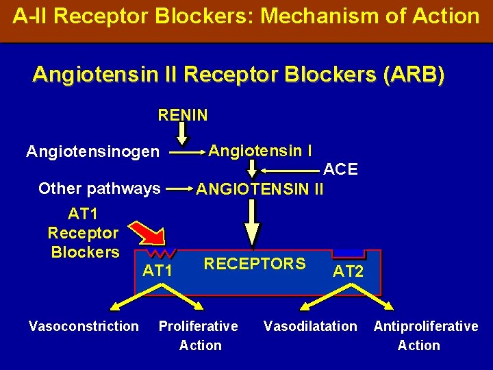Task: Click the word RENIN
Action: coord(183,114)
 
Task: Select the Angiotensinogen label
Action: coord(92,151)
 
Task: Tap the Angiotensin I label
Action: coord(260,149)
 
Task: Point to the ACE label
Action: coord(340,169)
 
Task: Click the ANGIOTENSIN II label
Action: coord(260,188)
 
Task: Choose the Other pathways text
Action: coord(99,188)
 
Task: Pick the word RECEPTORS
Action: coord(255,264)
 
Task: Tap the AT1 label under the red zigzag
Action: coord(157,271)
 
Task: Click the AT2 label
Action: coord(348,271)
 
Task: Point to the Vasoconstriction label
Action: coord(84,326)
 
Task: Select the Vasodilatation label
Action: coord(310,326)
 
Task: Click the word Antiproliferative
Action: coord(425,326)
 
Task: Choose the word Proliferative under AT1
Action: coord(199,326)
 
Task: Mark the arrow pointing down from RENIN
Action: coord(183,132)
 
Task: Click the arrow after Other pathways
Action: coord(179,188)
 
